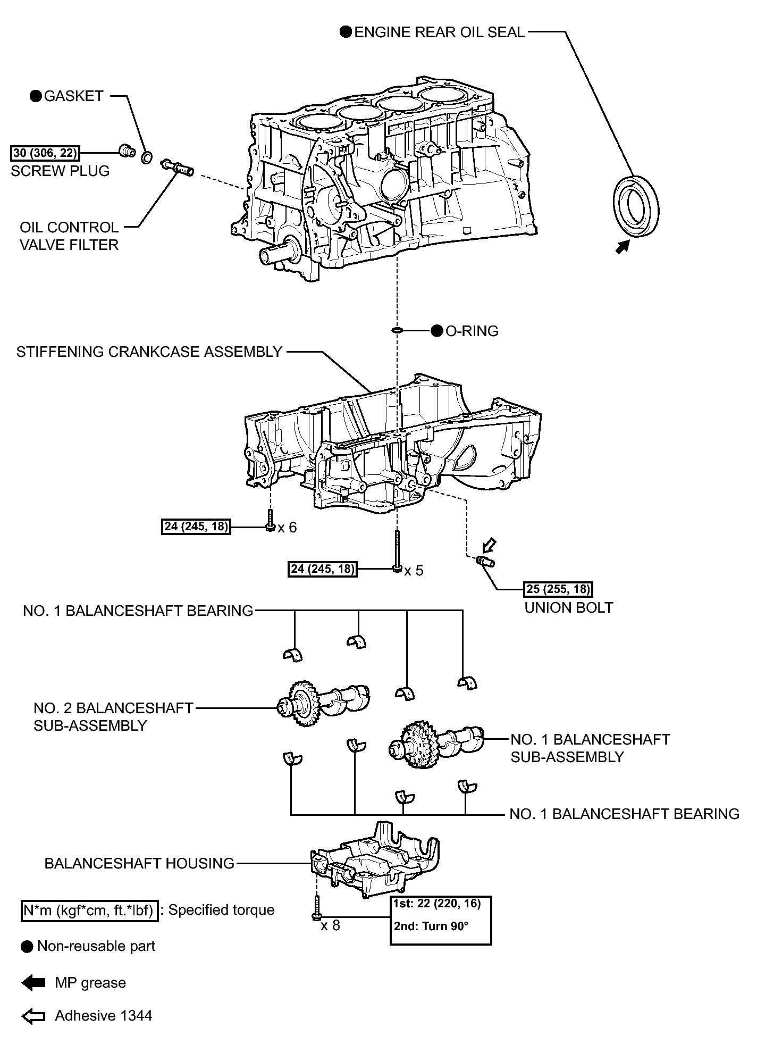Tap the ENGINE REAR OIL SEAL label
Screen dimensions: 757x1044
[x=439, y=32]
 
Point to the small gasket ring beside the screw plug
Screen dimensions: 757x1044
[x=147, y=157]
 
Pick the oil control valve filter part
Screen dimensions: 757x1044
[x=176, y=168]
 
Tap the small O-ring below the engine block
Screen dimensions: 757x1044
[x=397, y=331]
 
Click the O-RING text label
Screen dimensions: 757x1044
[x=472, y=331]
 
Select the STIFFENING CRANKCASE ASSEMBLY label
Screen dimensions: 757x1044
[x=149, y=352]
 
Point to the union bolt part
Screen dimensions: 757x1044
[x=485, y=562]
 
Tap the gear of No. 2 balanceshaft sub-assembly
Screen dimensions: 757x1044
[x=301, y=706]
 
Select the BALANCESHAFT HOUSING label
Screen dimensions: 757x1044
[x=139, y=863]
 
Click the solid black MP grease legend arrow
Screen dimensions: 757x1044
[x=33, y=983]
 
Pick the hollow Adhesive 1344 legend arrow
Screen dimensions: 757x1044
[x=33, y=1016]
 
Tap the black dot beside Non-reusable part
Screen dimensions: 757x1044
[x=27, y=946]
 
